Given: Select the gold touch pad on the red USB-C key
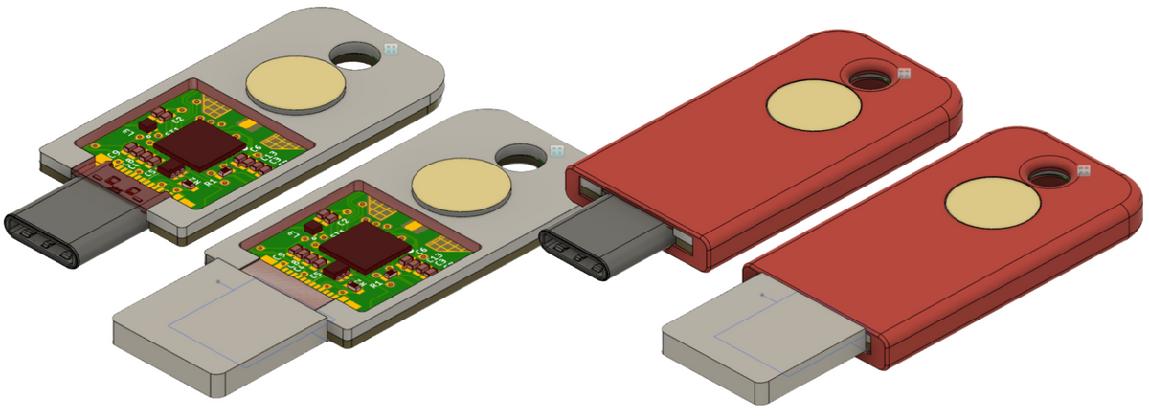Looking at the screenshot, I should tap(810, 105).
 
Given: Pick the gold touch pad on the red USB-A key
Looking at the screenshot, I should tap(986, 204).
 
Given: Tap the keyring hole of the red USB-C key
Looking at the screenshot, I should tap(869, 77).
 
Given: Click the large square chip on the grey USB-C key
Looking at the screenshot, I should tap(201, 145).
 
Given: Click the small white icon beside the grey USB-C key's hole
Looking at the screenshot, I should tap(392, 48).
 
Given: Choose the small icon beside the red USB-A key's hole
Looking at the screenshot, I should tap(1084, 171).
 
